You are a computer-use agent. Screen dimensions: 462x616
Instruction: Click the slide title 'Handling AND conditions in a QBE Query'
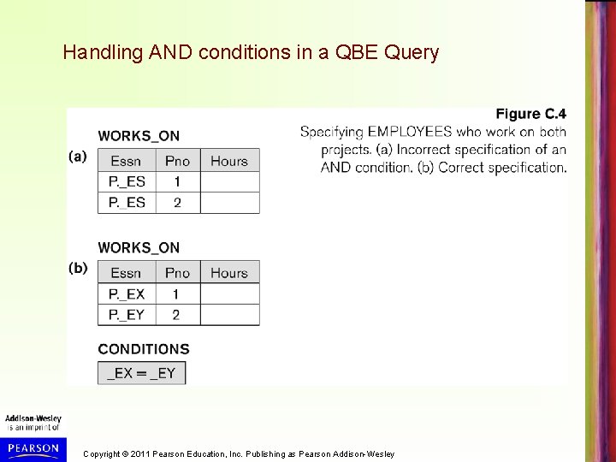tap(251, 53)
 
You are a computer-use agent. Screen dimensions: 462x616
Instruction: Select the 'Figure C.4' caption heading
tap(530, 114)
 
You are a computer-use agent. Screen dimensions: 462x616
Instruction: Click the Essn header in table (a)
tap(126, 161)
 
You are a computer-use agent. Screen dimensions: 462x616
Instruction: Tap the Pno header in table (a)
tap(177, 161)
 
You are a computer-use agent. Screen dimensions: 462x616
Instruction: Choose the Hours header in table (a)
tap(228, 161)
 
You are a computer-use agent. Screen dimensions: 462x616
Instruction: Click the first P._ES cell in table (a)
tap(126, 181)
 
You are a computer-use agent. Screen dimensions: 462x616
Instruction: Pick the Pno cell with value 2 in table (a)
tap(177, 203)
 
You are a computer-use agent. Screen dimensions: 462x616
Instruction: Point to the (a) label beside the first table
tap(78, 157)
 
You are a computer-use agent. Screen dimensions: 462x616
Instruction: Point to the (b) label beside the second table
tap(78, 268)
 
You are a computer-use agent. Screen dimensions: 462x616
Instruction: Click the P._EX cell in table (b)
tap(126, 293)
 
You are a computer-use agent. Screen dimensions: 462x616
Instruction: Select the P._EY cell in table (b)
tap(126, 315)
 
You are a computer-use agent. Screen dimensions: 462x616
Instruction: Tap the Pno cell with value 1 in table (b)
tap(177, 293)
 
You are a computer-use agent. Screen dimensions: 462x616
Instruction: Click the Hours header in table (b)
tap(228, 273)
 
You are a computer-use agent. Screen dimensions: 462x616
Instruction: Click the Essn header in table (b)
tap(126, 273)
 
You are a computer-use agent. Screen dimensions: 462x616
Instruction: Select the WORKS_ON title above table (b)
tap(139, 247)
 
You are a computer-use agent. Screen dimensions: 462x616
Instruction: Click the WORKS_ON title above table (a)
tap(139, 135)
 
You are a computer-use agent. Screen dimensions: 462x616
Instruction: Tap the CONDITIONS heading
tap(144, 349)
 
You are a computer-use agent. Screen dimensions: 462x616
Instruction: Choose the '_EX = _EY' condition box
tap(141, 372)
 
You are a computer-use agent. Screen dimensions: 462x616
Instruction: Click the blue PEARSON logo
tap(32, 447)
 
